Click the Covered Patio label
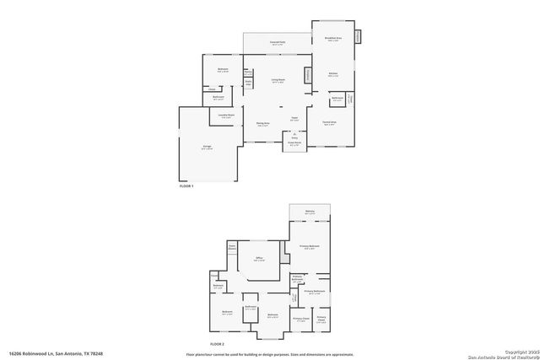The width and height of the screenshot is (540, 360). tap(277, 42)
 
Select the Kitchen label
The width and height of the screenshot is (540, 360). tap(332, 74)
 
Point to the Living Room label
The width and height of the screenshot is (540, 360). tap(277, 81)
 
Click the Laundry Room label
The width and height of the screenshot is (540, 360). tap(227, 116)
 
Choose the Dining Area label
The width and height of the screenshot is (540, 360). tap(262, 123)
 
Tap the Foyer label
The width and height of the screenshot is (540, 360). tap(294, 118)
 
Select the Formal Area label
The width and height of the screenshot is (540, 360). tap(329, 123)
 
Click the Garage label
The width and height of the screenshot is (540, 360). tap(207, 148)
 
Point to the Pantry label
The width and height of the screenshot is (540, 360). tap(248, 73)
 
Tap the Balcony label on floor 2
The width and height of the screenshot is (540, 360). tap(310, 212)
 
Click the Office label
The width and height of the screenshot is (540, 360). tap(260, 259)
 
